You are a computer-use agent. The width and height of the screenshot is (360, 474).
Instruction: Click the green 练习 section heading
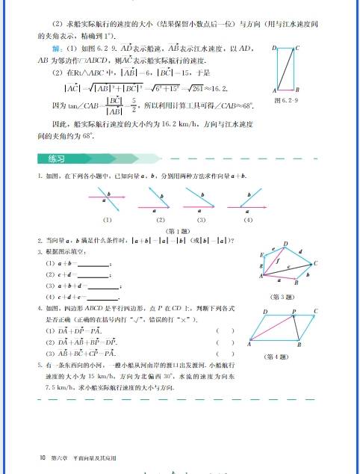[55, 158]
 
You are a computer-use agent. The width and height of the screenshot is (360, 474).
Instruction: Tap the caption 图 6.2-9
[288, 99]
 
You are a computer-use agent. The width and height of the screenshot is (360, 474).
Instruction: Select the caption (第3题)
[285, 297]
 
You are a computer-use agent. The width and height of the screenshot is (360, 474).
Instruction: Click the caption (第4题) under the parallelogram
[276, 357]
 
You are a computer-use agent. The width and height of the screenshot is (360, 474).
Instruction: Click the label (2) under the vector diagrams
[160, 220]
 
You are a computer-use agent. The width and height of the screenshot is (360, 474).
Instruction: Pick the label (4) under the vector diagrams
[248, 220]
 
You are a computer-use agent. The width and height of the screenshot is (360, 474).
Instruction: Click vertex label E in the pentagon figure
[262, 255]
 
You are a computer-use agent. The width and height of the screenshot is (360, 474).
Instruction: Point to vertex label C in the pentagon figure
[316, 263]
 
